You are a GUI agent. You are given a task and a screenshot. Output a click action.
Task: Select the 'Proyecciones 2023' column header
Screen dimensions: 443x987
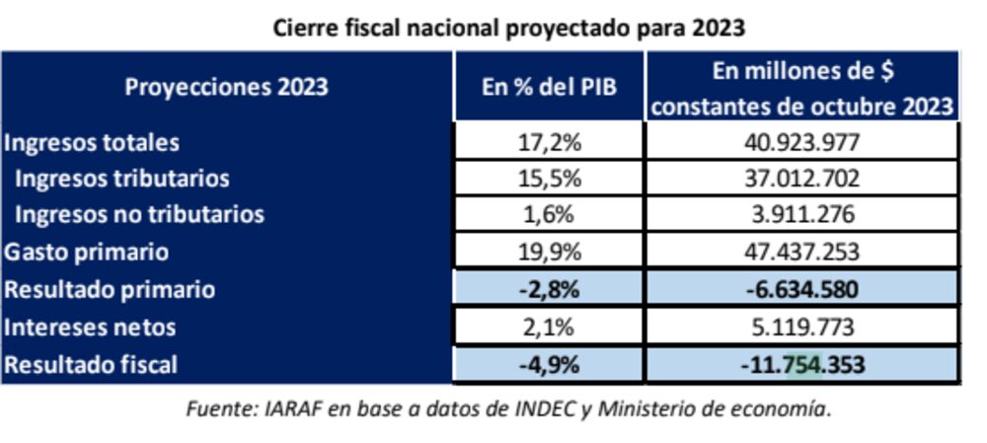coord(226,87)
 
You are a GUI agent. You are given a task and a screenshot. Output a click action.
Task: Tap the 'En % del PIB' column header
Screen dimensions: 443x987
coord(548,87)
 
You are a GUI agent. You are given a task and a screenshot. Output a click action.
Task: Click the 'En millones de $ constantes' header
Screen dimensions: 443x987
coord(801,88)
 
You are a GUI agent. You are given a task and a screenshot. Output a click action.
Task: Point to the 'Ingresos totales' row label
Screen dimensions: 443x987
coord(92,142)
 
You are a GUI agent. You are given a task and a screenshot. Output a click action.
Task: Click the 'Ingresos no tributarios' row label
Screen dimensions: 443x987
coord(139,214)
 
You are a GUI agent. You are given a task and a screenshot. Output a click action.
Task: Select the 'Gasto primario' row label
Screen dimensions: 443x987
coord(86,252)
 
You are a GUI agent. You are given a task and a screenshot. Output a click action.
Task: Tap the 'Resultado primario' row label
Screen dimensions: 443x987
coord(110,289)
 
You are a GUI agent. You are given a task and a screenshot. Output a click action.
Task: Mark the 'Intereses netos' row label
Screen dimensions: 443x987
coord(91,327)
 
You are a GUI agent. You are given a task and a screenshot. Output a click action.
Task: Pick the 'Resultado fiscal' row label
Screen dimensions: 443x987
coord(91,364)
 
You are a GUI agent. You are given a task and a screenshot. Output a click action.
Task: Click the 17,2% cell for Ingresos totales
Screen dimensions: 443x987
coord(549,142)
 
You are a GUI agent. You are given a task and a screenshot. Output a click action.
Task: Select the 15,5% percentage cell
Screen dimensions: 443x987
coord(549,179)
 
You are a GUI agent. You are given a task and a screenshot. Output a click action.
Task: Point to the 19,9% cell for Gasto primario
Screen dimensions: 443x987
coord(549,252)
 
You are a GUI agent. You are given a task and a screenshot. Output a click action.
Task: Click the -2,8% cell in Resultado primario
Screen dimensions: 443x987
coord(549,289)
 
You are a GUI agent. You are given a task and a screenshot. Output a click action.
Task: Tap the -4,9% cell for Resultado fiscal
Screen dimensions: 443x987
coord(549,364)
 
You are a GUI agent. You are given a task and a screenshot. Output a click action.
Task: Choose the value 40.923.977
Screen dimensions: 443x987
coord(801,142)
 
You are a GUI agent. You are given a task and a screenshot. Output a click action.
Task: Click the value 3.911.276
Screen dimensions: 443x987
coord(801,214)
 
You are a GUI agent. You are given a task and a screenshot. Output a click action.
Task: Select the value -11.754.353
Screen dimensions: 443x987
coord(801,364)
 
